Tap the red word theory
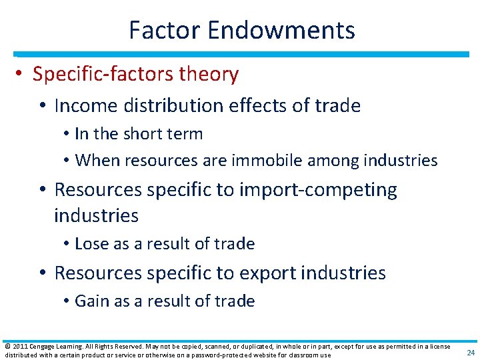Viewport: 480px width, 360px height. (x=209, y=74)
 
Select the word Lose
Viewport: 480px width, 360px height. (x=91, y=244)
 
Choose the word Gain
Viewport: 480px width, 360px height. (x=91, y=301)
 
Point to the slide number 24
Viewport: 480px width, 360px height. (x=470, y=353)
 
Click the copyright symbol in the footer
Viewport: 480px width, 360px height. (x=7, y=346)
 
